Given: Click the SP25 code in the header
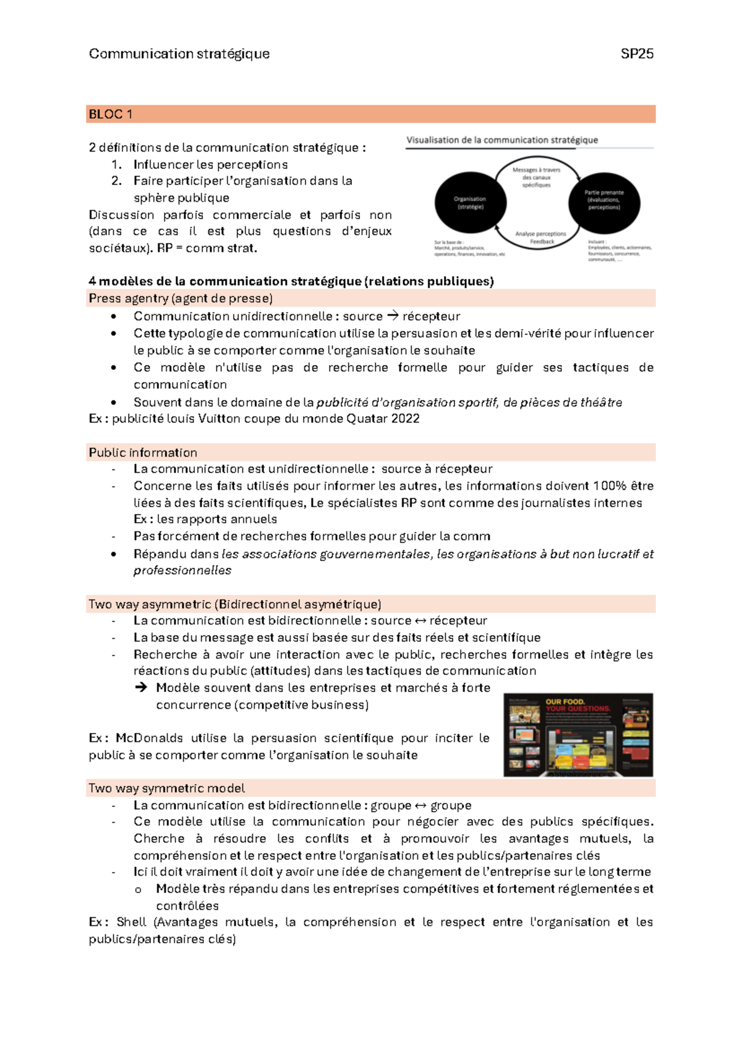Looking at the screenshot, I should pyautogui.click(x=637, y=54).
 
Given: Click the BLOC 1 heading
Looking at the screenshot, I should pyautogui.click(x=111, y=114).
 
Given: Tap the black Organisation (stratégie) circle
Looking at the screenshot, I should pyautogui.click(x=471, y=203).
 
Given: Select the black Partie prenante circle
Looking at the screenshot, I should pyautogui.click(x=604, y=203).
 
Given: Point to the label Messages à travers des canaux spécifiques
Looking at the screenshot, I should pyautogui.click(x=536, y=177).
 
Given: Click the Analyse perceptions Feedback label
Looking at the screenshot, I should pyautogui.click(x=541, y=238).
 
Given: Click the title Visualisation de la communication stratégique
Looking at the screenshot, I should pyautogui.click(x=502, y=140).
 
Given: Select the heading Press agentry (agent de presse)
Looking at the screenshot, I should pyautogui.click(x=181, y=298).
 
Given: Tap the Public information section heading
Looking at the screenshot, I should pyautogui.click(x=143, y=452).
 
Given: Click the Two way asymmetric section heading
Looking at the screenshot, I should pyautogui.click(x=235, y=604).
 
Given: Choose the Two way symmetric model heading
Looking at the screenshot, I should pyautogui.click(x=166, y=788).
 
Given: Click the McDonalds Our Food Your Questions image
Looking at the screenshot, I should pyautogui.click(x=578, y=735).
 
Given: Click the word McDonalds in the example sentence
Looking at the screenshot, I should pyautogui.click(x=149, y=738).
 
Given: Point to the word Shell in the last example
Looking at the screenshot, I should pyautogui.click(x=131, y=922).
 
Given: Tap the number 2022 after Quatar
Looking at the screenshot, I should pyautogui.click(x=405, y=419).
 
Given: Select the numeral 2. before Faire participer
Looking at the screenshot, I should pyautogui.click(x=117, y=181).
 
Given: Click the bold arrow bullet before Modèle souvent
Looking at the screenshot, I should pyautogui.click(x=141, y=687).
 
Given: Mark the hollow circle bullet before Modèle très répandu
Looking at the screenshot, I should pyautogui.click(x=138, y=889).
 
